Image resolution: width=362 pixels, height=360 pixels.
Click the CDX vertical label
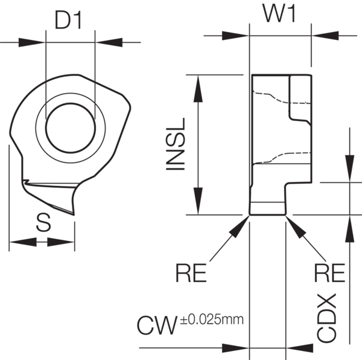(x=327, y=318)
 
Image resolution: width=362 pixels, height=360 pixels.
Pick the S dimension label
(x=42, y=223)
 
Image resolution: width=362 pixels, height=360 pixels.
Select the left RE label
(x=191, y=273)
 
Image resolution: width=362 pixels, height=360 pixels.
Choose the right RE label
(x=329, y=273)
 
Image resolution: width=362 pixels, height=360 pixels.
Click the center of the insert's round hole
(x=70, y=130)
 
